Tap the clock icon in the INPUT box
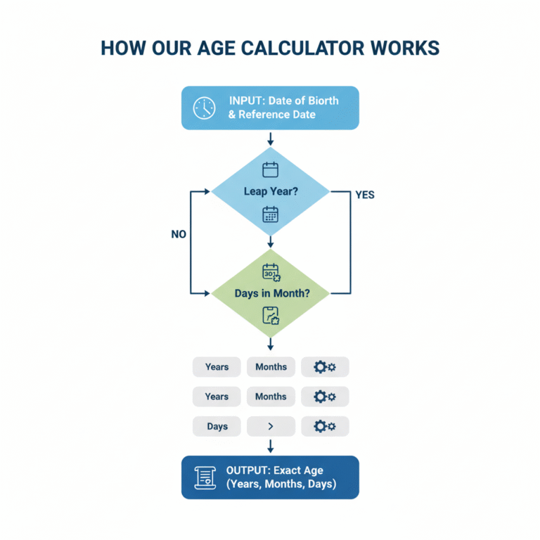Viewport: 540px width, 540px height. click(x=204, y=108)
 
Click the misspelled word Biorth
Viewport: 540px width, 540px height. click(x=321, y=101)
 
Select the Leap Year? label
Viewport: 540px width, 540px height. click(x=270, y=191)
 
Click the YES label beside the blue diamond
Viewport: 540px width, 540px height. click(x=365, y=195)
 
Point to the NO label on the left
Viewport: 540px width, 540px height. click(x=179, y=235)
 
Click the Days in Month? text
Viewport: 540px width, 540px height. click(x=272, y=293)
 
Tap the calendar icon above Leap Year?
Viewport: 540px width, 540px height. click(x=271, y=169)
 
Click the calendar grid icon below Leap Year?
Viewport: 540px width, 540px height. click(x=271, y=214)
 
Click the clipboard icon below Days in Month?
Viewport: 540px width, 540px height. click(x=271, y=316)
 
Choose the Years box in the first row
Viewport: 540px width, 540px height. click(x=217, y=367)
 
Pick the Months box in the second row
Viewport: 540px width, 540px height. click(x=271, y=397)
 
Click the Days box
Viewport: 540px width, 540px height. click(x=217, y=426)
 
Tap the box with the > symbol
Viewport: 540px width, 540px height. click(x=271, y=426)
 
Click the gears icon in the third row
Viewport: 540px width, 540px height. click(x=325, y=426)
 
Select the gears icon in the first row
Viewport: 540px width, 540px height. click(x=325, y=367)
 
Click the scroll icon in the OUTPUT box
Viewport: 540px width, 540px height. click(x=205, y=477)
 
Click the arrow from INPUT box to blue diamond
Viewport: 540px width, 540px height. click(x=270, y=139)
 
